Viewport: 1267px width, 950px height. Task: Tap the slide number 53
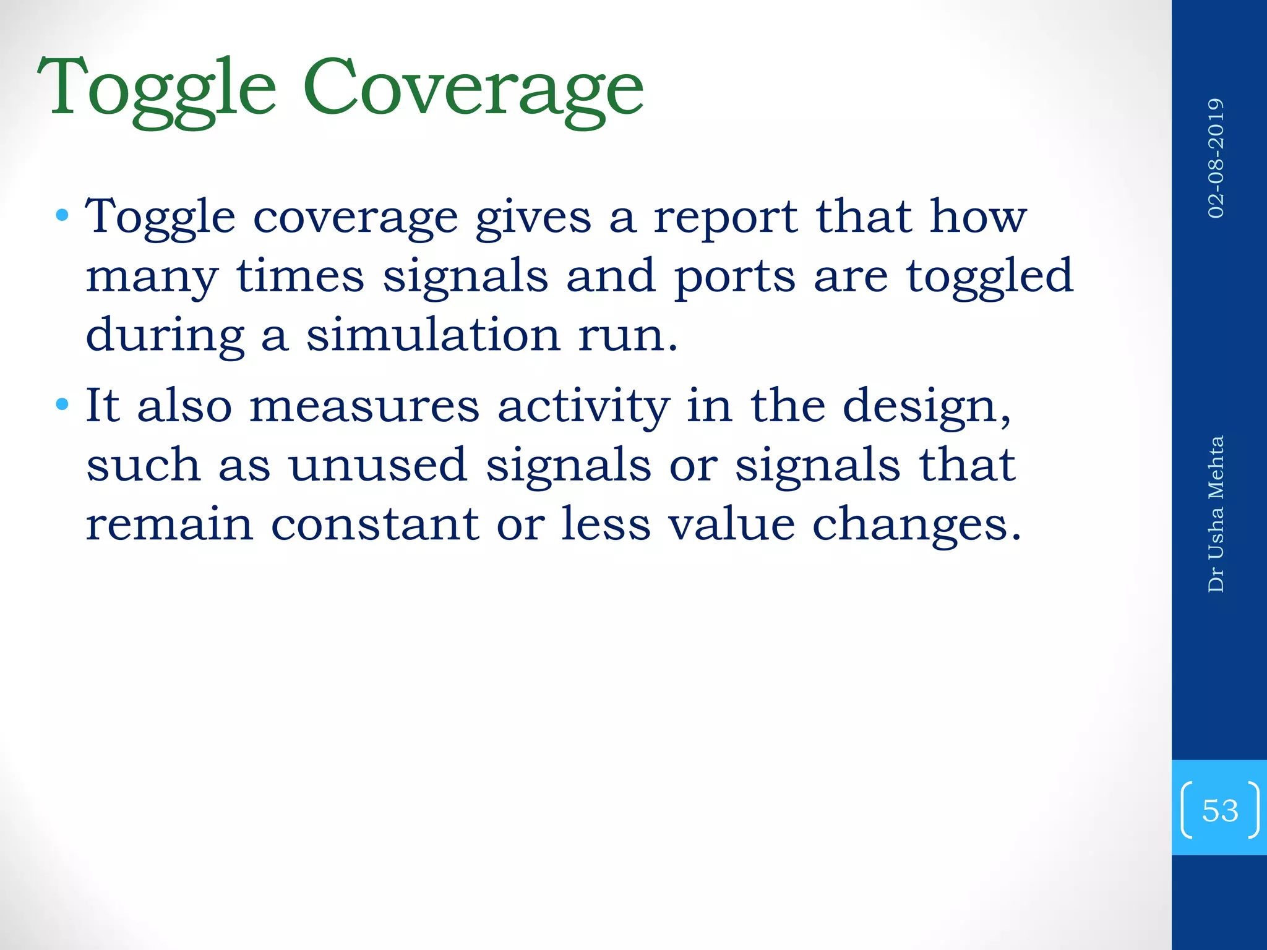point(1219,810)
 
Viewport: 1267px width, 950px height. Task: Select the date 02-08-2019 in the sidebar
point(1216,158)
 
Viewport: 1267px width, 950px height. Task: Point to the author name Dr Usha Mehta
point(1216,514)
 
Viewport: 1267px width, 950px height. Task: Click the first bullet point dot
point(62,216)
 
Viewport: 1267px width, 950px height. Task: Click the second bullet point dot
point(62,405)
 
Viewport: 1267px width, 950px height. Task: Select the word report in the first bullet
point(725,217)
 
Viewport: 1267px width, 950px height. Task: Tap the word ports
point(734,276)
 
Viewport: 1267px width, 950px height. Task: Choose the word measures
point(364,406)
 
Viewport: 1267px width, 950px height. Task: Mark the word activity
point(583,406)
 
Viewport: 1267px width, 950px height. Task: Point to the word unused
point(378,465)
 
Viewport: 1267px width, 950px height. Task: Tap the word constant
point(376,524)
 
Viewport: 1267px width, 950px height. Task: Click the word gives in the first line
point(533,217)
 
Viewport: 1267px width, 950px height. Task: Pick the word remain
point(169,524)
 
